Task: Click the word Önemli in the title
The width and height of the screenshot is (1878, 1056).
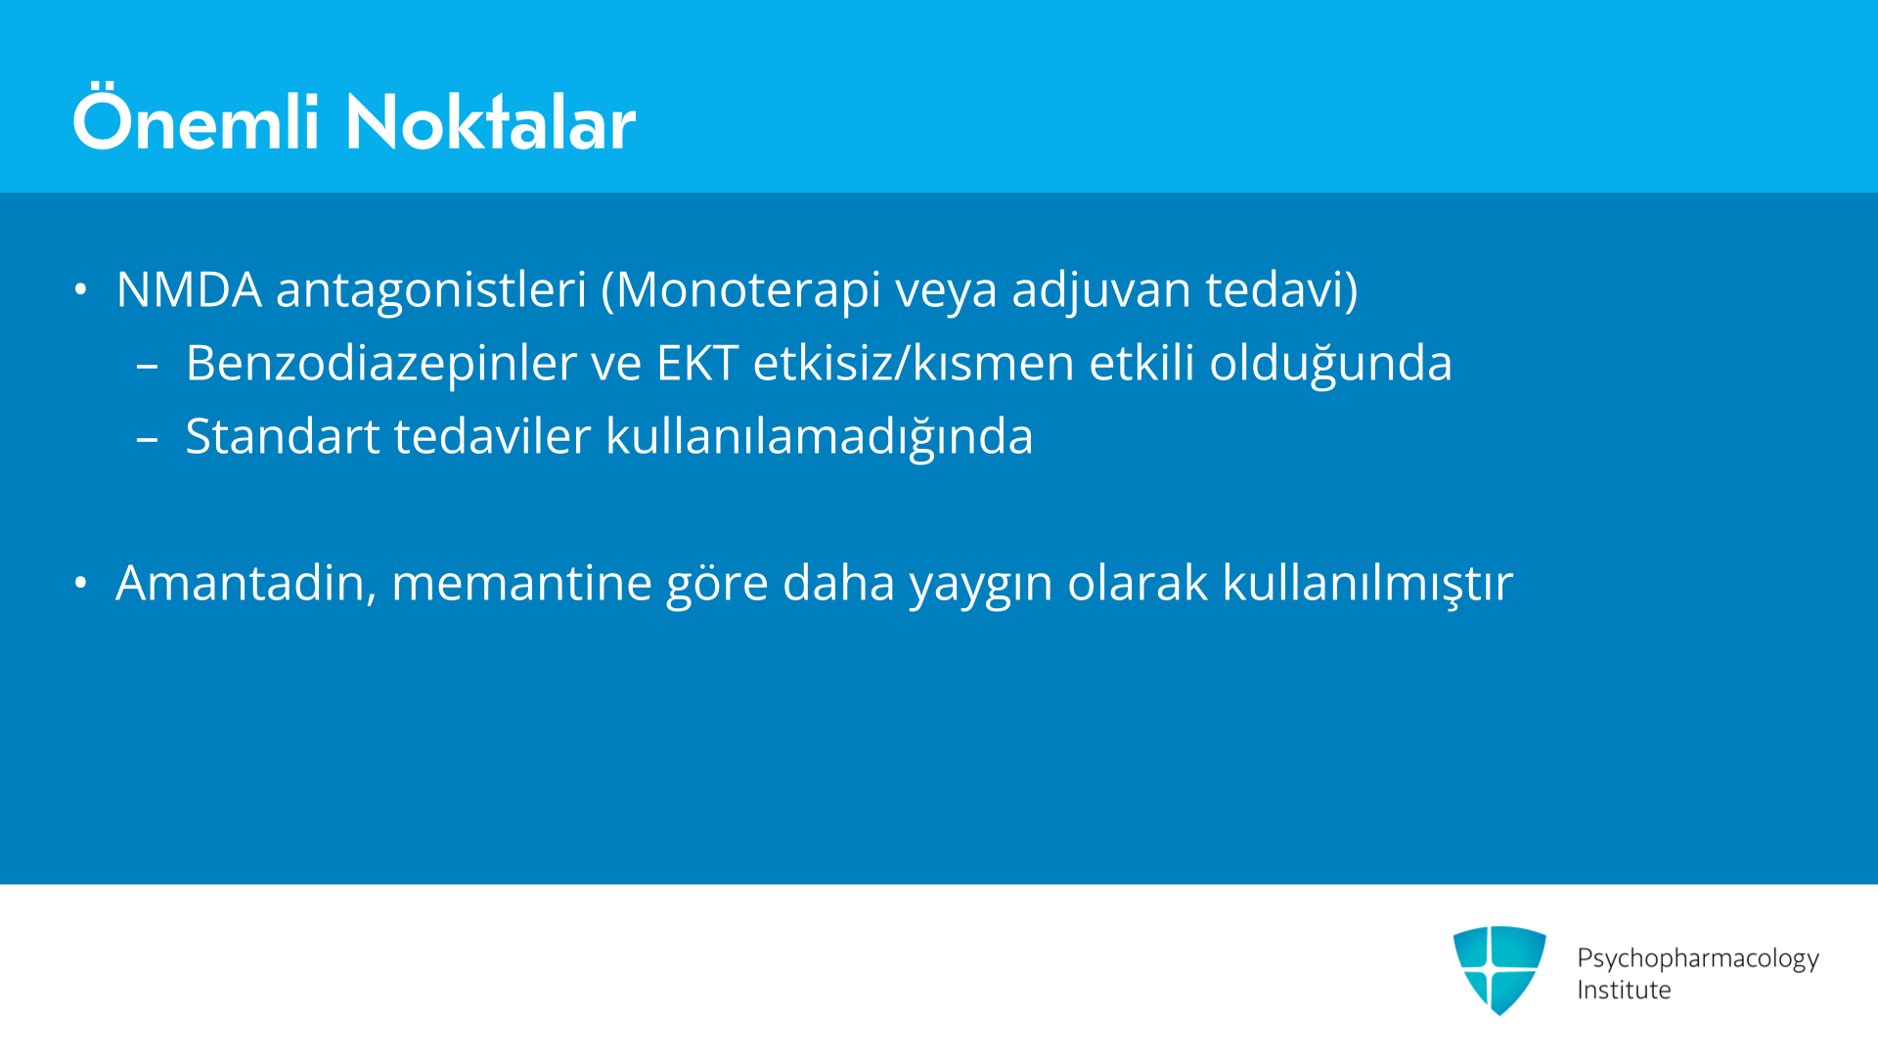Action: click(197, 119)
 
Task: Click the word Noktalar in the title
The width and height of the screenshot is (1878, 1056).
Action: click(490, 122)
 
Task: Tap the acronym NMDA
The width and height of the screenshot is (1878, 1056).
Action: click(189, 289)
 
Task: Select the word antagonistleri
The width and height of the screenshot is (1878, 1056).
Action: click(431, 291)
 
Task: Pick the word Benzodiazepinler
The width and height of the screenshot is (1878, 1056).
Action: click(381, 364)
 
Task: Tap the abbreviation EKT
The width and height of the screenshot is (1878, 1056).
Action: click(697, 363)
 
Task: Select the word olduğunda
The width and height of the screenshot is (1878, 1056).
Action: click(1330, 364)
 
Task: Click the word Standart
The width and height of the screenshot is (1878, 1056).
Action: click(283, 436)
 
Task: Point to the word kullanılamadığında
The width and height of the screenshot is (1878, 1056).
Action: click(820, 436)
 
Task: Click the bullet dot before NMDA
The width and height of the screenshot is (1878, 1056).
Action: click(81, 289)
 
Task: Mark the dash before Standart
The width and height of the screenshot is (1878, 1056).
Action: click(148, 440)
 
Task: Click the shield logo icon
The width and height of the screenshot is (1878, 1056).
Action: click(1499, 970)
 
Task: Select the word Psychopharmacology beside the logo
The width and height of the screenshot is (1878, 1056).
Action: click(1698, 959)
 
